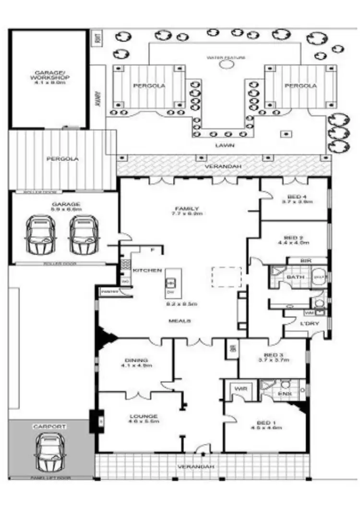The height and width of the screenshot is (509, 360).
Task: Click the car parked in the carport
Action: click(x=49, y=452)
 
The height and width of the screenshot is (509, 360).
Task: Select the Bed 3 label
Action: click(x=272, y=355)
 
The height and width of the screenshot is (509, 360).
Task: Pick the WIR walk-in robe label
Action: click(x=240, y=389)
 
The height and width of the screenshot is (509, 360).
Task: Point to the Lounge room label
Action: click(x=143, y=416)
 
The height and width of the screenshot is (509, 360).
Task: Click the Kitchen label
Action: click(x=147, y=270)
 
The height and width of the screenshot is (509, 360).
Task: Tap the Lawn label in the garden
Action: click(x=225, y=145)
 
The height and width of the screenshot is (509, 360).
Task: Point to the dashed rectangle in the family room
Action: click(x=227, y=277)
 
